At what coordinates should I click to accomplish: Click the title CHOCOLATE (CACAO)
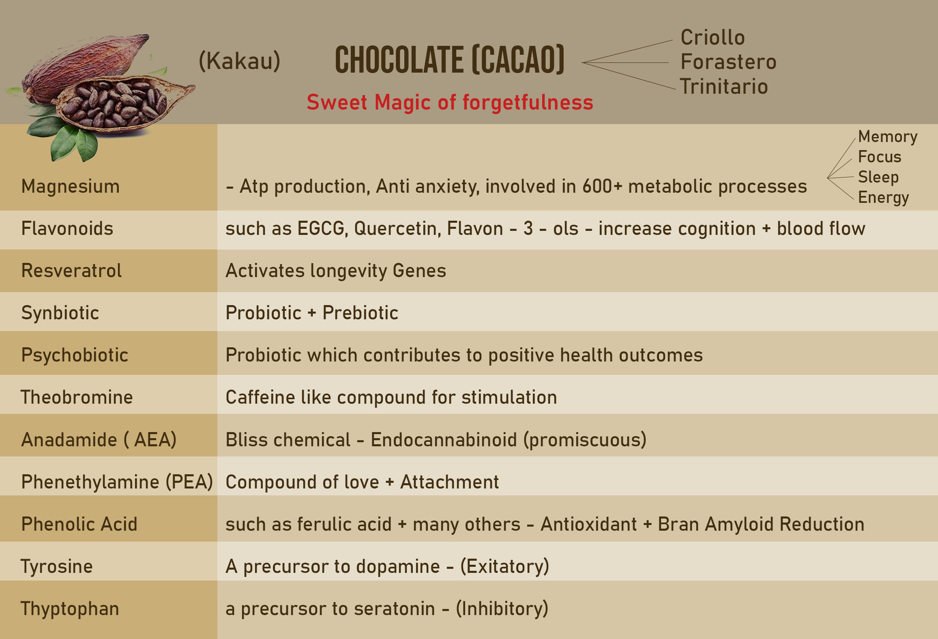(450, 60)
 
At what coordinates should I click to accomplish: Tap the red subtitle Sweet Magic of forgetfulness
(450, 102)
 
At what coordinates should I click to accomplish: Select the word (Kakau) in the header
(240, 61)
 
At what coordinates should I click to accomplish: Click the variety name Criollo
(713, 37)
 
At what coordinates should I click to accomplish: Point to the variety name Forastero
(728, 62)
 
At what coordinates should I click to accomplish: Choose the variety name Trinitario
(724, 86)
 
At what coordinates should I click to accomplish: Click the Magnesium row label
(71, 187)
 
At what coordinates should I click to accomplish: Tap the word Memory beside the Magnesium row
(888, 137)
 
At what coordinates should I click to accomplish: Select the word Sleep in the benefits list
(878, 177)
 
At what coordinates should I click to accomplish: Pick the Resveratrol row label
(71, 271)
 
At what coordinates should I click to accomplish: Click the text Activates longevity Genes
(336, 271)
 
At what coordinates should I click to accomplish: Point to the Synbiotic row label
(60, 313)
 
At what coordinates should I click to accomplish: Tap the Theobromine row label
(77, 397)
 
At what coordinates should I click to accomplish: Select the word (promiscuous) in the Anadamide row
(585, 440)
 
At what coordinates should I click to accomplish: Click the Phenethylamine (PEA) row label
(117, 482)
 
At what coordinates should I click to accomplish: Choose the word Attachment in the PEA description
(449, 482)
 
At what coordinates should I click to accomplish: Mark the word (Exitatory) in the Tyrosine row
(504, 566)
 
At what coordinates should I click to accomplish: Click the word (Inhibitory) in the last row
(502, 609)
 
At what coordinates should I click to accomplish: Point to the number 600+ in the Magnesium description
(602, 187)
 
